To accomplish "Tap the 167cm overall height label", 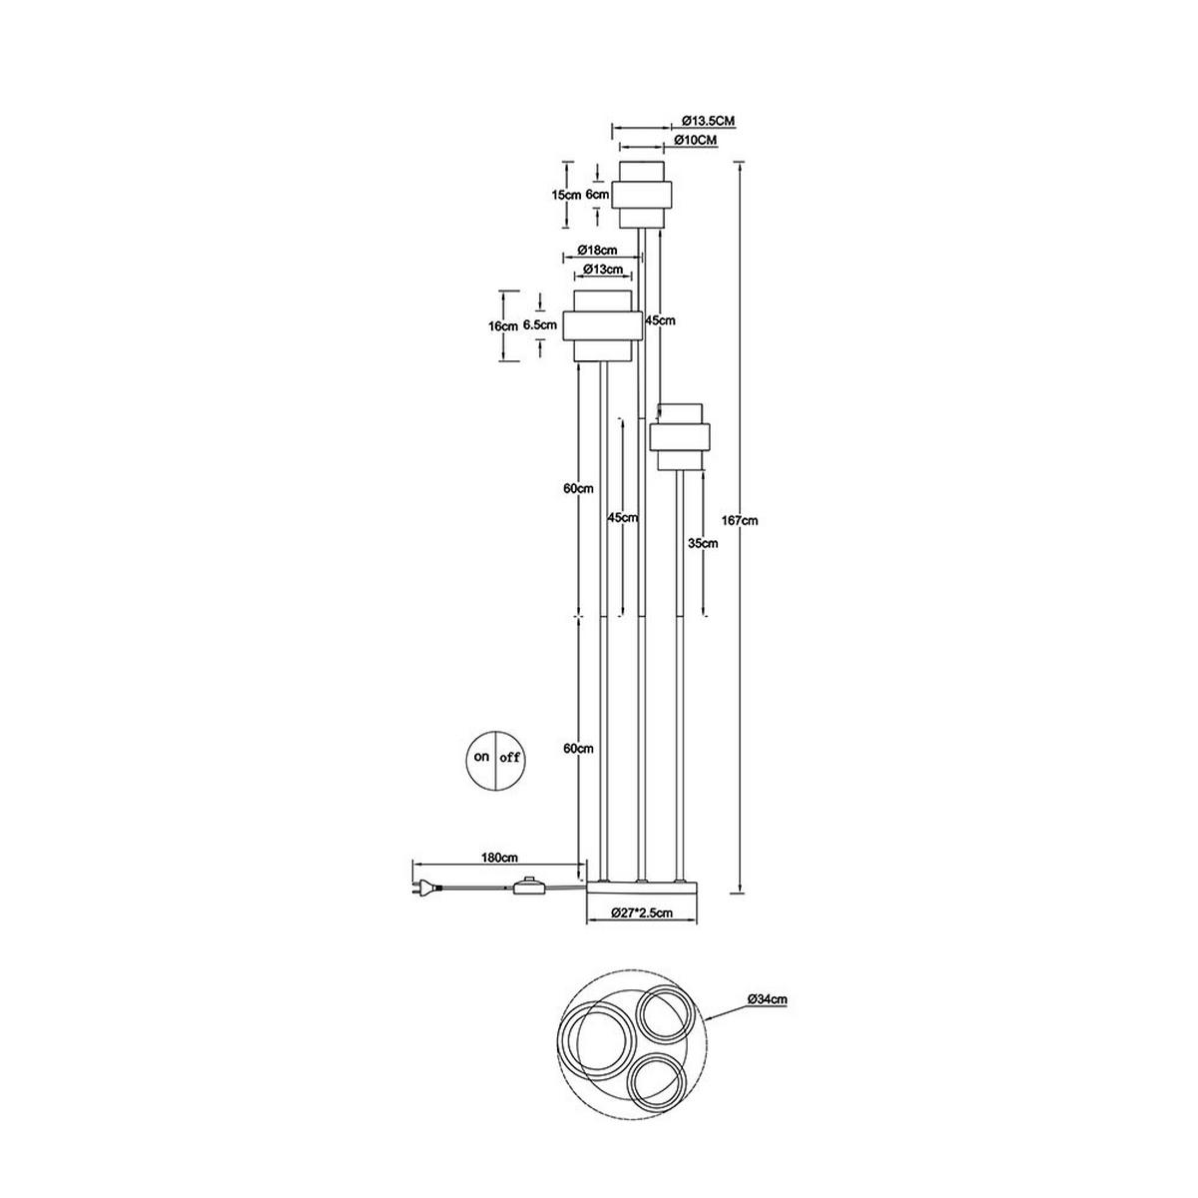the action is coord(743,521).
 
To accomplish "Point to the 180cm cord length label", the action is coord(500,858).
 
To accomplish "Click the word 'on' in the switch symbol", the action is coord(481,757).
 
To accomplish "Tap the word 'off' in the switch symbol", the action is coord(508,758).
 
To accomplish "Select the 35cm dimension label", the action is coord(703,543).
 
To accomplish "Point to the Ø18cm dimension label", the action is coord(597,250).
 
